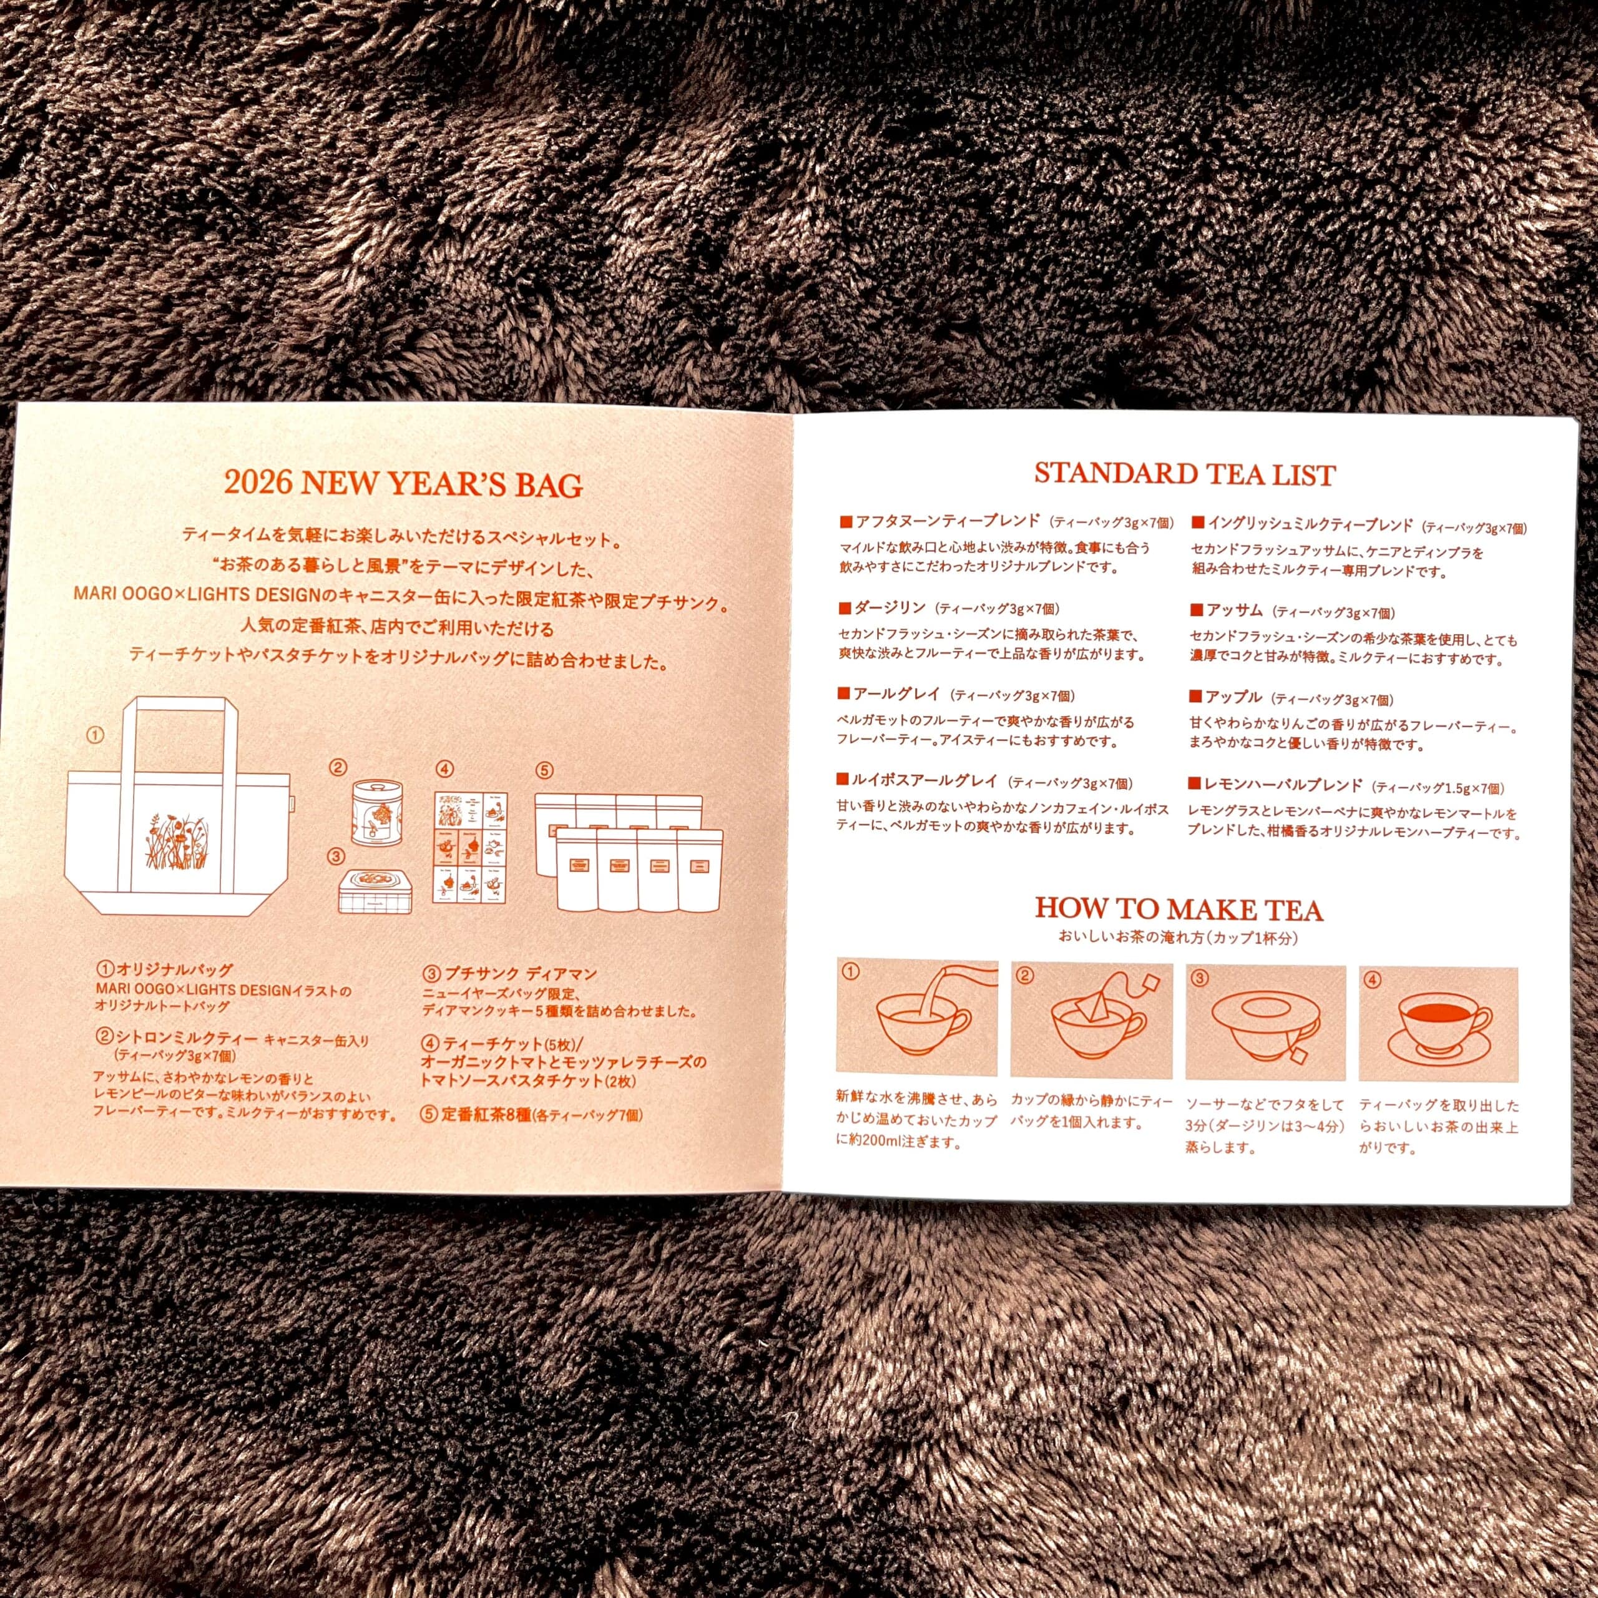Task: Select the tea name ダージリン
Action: (x=891, y=608)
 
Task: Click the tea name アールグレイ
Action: (x=898, y=695)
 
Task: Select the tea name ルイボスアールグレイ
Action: (x=927, y=781)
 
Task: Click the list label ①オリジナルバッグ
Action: (x=165, y=969)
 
